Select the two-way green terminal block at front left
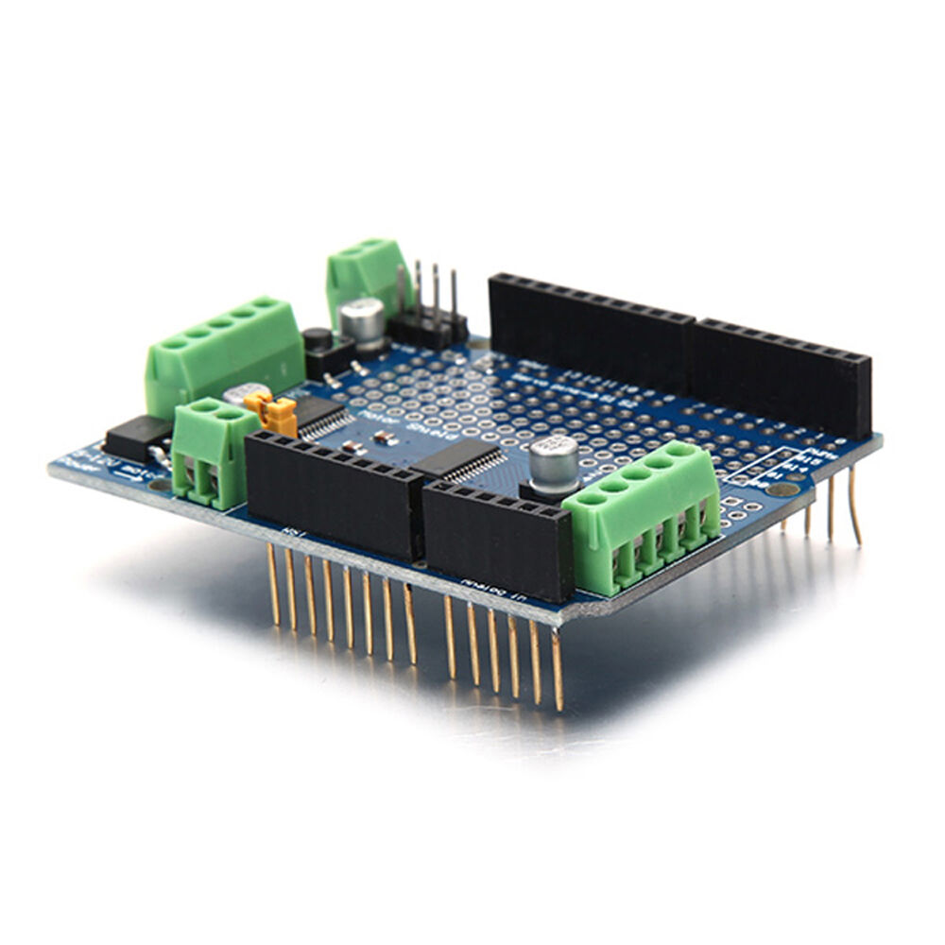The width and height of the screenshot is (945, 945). point(203,451)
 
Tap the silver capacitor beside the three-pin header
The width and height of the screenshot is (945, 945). point(363,321)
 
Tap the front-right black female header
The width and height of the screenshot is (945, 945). point(497,539)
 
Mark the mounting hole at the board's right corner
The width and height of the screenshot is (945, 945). point(779,489)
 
